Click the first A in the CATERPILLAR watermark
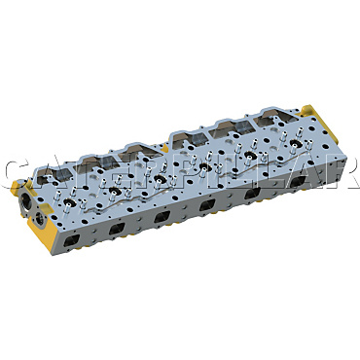50,176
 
